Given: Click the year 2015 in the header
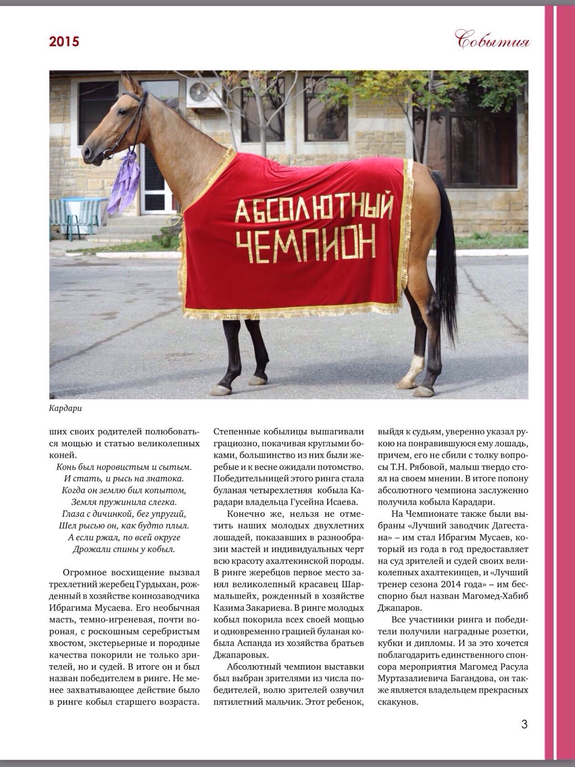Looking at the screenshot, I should click(64, 42).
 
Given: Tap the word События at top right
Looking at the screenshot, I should click(493, 41).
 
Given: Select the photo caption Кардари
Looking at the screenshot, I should click(65, 408).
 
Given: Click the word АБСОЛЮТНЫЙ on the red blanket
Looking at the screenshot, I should click(314, 208).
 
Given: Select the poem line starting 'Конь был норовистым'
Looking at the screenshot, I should click(124, 467).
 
